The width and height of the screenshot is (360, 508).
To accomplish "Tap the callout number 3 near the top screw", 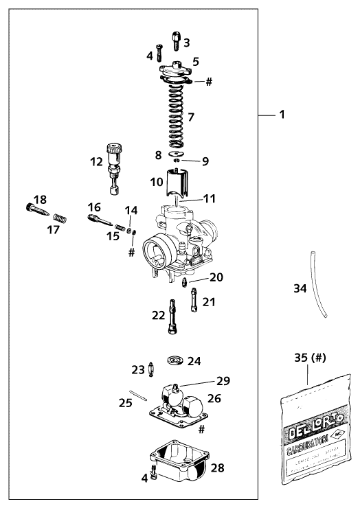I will coord(186,43).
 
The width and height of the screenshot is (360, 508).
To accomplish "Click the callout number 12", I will coord(96,162).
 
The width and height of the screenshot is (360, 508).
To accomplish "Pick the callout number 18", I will coord(41,200).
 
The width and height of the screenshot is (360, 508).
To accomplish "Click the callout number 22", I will coord(157,315).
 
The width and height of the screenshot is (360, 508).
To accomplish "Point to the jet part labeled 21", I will coord(195,300).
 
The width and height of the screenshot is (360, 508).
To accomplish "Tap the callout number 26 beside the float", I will coord(214,397).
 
